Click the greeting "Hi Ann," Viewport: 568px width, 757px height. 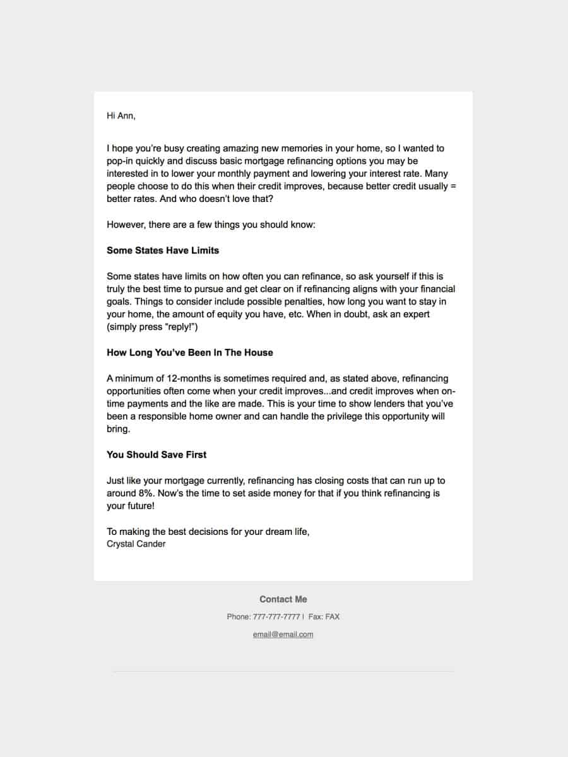click(121, 116)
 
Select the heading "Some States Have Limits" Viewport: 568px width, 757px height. click(163, 250)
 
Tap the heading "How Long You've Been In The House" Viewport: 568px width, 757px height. click(190, 353)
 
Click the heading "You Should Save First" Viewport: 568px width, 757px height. click(157, 455)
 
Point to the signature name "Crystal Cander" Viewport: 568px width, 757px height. click(136, 544)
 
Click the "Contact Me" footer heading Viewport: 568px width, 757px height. click(283, 599)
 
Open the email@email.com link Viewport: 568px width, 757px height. click(283, 635)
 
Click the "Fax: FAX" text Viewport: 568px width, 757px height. click(324, 617)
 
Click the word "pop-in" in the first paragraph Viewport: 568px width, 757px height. click(120, 161)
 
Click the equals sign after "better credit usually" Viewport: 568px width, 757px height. click(453, 187)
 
